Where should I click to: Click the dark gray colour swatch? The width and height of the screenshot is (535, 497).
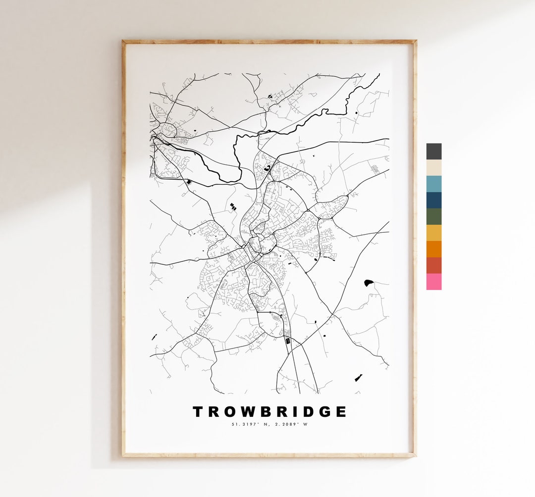(x=433, y=151)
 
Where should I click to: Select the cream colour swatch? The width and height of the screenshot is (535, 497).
(x=433, y=168)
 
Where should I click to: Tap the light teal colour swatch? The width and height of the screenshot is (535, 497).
(x=433, y=184)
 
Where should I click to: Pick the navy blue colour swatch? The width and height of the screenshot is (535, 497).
(x=433, y=200)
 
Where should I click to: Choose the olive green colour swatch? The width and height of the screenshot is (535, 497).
(x=433, y=217)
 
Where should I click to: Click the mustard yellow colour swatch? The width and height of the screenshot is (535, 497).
(x=433, y=233)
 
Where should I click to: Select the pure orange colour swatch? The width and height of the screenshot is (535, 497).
(x=433, y=249)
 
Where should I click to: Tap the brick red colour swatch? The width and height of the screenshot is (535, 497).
(x=433, y=265)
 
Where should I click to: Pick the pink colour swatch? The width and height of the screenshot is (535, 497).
(x=433, y=282)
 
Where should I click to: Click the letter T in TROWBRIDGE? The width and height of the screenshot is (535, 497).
(x=198, y=412)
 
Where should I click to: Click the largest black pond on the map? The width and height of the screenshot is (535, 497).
(x=368, y=283)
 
